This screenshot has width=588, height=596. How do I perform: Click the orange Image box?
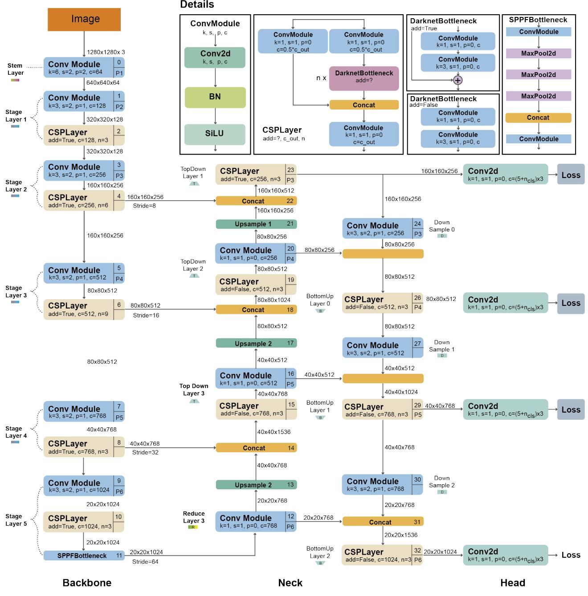[x=84, y=20]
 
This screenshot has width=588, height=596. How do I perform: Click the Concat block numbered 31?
[x=383, y=522]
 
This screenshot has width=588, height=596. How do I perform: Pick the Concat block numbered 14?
[x=256, y=448]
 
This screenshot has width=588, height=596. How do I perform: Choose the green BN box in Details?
[x=215, y=97]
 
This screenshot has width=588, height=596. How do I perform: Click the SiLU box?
[x=215, y=134]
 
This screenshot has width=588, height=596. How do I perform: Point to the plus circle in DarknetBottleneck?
[x=457, y=80]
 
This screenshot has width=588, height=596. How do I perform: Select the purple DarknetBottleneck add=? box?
[x=364, y=77]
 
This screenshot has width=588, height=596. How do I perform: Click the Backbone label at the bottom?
[x=87, y=583]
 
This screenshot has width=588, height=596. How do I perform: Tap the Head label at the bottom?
[x=512, y=583]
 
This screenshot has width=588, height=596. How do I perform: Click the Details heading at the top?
[x=197, y=5]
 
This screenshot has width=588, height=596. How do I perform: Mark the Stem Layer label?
[x=15, y=69]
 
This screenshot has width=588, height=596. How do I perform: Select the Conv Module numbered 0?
[x=84, y=67]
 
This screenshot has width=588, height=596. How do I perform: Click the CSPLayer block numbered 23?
[x=256, y=174]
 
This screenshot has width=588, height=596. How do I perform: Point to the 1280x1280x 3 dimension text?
[x=106, y=52]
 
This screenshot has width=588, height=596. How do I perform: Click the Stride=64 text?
[x=145, y=562]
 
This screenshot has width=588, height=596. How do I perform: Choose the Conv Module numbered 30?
[x=382, y=485]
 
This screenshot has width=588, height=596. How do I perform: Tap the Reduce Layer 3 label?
[x=194, y=517]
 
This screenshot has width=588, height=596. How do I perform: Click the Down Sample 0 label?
[x=441, y=226]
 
